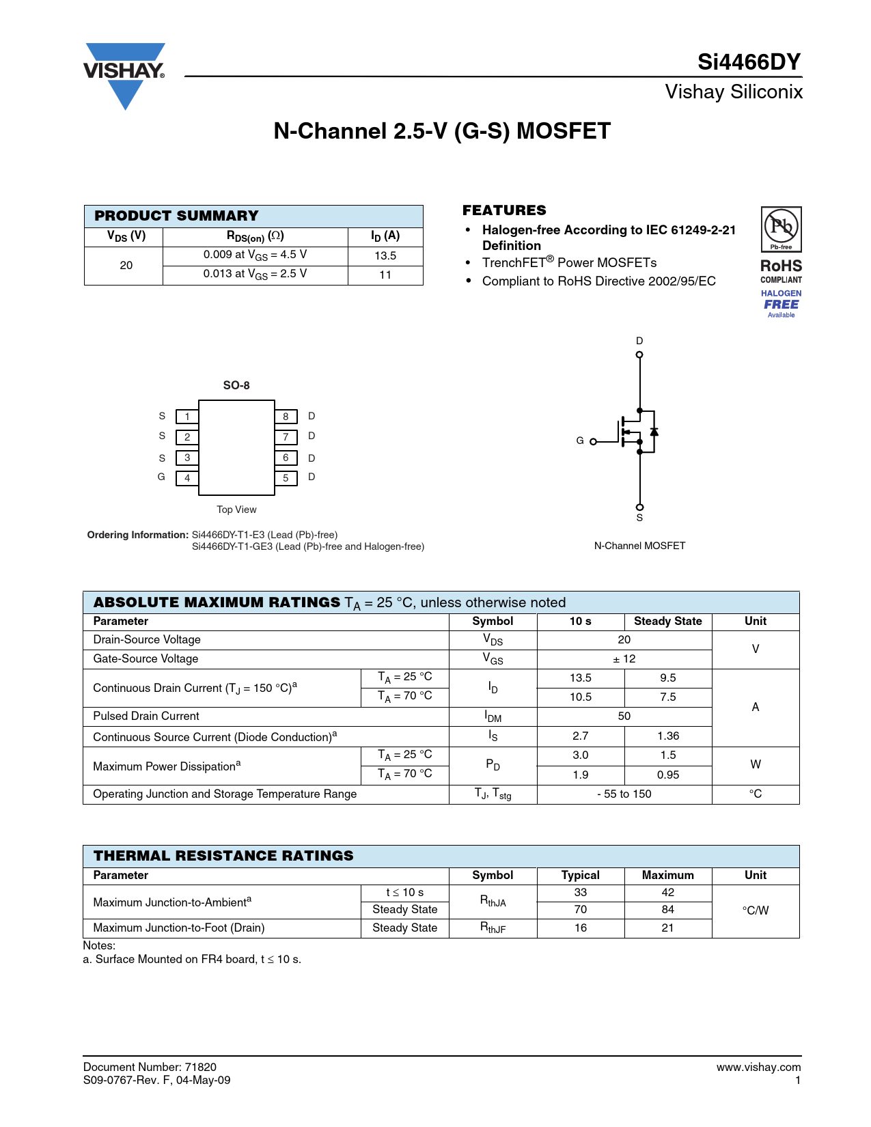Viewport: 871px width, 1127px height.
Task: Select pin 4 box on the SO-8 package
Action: point(187,478)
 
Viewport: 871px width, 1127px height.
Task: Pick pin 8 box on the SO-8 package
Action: point(286,417)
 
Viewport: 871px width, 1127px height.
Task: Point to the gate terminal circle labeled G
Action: point(593,441)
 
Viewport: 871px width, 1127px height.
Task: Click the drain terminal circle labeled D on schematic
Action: point(639,354)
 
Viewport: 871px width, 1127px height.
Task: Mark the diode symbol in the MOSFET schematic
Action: point(654,432)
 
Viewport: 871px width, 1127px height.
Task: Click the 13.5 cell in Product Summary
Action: point(385,255)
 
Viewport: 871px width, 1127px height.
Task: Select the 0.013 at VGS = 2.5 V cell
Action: point(255,274)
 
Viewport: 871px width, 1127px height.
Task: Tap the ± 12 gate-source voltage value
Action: point(624,659)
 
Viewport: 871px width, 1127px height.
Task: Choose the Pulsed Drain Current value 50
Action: point(624,716)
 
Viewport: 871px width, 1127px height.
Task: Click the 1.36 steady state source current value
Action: point(667,736)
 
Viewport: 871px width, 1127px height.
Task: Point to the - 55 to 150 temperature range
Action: point(624,794)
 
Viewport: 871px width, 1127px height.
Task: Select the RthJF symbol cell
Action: point(493,928)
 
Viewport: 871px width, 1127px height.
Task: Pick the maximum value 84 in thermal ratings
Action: point(667,910)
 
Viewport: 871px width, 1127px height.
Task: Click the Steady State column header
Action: point(667,621)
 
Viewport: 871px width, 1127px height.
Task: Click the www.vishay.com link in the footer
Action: point(758,1067)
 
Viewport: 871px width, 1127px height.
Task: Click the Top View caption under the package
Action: point(236,510)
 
